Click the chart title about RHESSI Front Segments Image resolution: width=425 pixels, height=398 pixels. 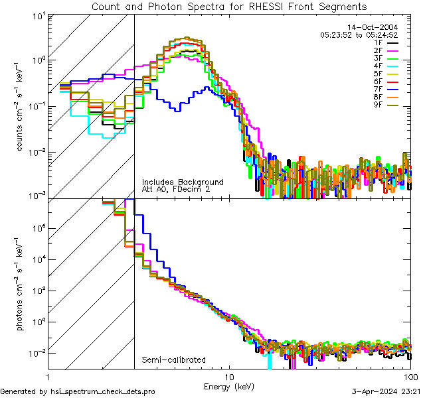(229, 7)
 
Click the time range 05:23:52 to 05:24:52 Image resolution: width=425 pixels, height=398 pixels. (359, 34)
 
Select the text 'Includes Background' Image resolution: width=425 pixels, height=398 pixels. (183, 182)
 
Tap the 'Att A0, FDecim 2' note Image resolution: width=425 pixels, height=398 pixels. (176, 189)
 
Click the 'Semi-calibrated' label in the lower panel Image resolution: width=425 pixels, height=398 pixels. (173, 360)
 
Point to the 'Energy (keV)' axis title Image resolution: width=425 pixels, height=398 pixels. (229, 385)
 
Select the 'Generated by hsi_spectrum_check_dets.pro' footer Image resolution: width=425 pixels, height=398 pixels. (78, 392)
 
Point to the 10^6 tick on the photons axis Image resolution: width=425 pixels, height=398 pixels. (37, 228)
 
